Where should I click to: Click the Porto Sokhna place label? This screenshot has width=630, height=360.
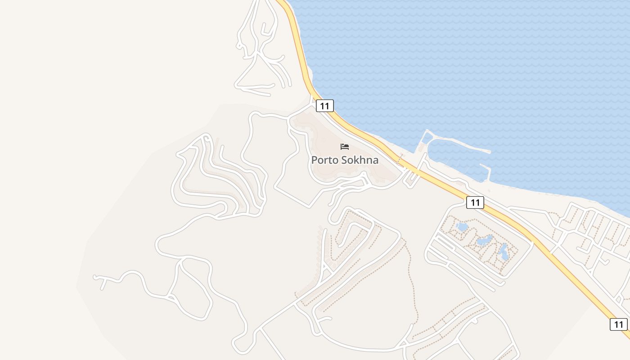[345, 160]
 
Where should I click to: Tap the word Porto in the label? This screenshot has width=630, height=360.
[324, 160]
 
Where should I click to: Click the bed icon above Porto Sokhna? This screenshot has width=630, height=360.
[345, 147]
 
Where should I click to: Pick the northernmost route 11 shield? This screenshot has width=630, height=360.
[324, 106]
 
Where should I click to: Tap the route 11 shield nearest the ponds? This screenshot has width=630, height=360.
[475, 202]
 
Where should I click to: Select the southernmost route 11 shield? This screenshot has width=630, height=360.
[618, 324]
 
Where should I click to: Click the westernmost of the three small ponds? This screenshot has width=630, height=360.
[462, 227]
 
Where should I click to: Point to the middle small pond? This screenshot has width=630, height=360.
[484, 241]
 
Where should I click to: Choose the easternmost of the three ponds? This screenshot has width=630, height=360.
[504, 252]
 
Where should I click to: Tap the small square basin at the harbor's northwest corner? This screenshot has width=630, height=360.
[427, 137]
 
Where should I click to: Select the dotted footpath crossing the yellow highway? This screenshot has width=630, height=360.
[400, 159]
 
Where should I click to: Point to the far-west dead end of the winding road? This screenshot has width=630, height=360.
[95, 277]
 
